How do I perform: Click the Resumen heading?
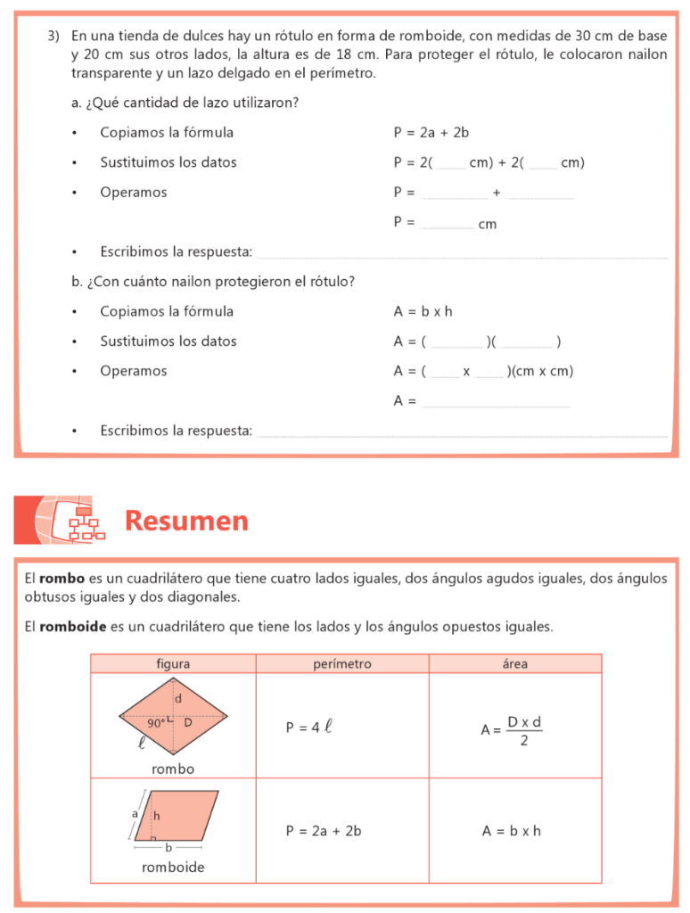click(x=186, y=521)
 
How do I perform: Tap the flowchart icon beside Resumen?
click(x=86, y=523)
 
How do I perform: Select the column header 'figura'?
click(x=172, y=664)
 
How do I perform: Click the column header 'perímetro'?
click(x=342, y=664)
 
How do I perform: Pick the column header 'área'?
click(x=514, y=664)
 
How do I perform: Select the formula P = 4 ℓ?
click(x=308, y=727)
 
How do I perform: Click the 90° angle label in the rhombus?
click(x=155, y=724)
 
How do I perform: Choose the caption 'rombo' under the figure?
click(x=173, y=769)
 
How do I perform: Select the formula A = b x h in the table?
click(x=512, y=831)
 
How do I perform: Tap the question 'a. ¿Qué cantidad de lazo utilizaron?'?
click(x=185, y=103)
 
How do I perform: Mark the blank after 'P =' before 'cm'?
click(x=447, y=225)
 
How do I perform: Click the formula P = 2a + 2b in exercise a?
click(x=431, y=133)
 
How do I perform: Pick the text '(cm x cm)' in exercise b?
click(x=541, y=371)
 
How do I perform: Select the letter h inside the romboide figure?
click(x=157, y=815)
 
